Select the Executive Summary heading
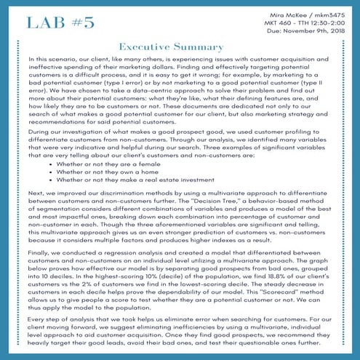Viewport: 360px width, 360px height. tap(180, 47)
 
